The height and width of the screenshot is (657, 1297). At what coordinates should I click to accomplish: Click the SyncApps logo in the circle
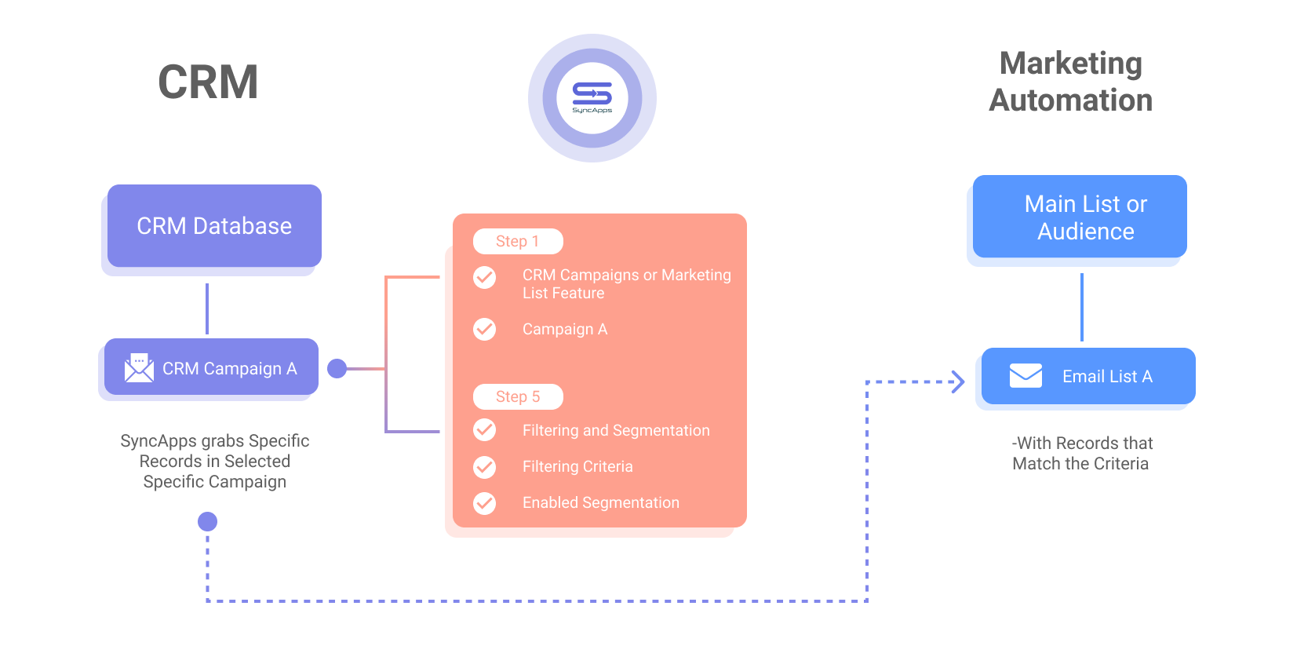(592, 97)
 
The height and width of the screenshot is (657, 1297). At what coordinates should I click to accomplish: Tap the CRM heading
(208, 82)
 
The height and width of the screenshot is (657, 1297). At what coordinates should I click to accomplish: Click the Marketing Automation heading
(1070, 82)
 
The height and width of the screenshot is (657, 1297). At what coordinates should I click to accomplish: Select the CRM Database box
(214, 226)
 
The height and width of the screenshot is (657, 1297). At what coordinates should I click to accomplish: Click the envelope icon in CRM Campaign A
(139, 368)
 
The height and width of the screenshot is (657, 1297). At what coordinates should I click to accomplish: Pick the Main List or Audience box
(1080, 217)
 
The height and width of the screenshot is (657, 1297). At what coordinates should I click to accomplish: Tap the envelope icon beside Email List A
(1026, 376)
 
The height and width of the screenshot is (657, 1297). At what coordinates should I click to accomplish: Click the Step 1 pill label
(518, 241)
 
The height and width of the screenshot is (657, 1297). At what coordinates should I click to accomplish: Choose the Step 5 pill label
(518, 396)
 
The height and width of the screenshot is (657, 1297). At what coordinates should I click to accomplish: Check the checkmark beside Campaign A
(485, 329)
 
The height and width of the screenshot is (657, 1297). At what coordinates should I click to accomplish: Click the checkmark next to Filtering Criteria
(485, 467)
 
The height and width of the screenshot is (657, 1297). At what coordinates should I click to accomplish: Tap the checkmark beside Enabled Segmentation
(485, 503)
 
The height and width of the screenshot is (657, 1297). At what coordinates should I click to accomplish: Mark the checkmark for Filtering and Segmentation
(485, 430)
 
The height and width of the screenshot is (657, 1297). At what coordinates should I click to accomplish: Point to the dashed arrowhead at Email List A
(959, 381)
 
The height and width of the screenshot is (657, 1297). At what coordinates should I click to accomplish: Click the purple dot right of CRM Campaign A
(337, 368)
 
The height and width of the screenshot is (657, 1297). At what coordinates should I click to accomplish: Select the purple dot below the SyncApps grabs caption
(207, 521)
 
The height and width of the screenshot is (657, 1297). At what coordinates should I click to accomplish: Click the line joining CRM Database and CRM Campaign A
(207, 308)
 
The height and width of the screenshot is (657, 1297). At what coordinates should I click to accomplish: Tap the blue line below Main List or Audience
(1081, 307)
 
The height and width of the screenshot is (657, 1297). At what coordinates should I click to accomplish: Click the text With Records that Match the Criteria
(1081, 453)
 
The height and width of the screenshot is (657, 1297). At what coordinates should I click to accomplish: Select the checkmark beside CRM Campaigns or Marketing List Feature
(485, 278)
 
